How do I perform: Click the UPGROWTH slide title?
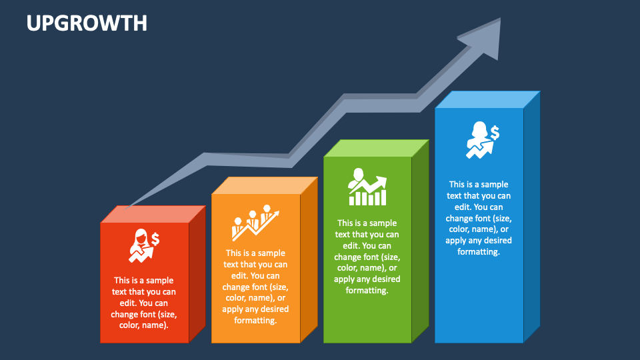tap(87, 23)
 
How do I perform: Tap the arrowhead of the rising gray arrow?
tap(483, 36)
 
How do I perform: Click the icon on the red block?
tap(144, 245)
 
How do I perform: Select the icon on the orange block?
tap(255, 223)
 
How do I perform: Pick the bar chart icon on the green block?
tap(367, 187)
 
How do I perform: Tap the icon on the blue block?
tap(481, 139)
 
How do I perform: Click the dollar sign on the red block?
tap(155, 239)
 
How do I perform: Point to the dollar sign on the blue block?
tap(494, 131)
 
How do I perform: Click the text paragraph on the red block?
tap(144, 303)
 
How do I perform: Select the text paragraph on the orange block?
tap(255, 287)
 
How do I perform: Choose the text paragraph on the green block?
tap(367, 257)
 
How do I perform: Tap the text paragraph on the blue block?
tap(479, 218)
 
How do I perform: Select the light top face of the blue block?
tap(487, 99)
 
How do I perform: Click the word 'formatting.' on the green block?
tap(367, 291)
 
